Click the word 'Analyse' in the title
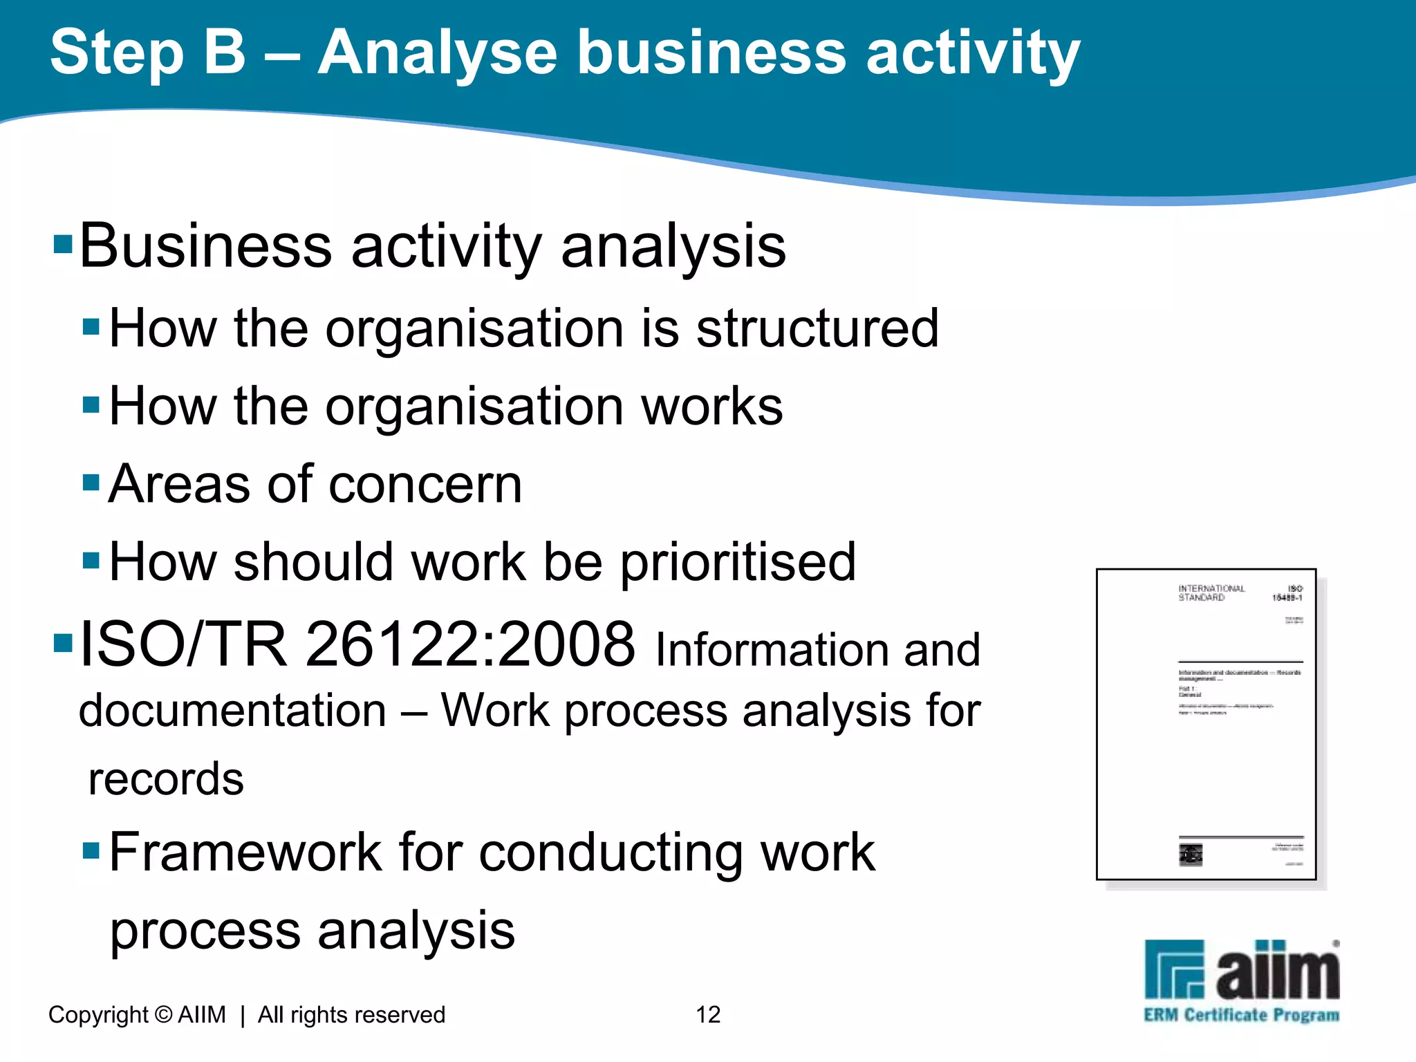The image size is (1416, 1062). click(438, 54)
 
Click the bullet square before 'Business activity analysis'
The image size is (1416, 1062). click(63, 244)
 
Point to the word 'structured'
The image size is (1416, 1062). click(817, 328)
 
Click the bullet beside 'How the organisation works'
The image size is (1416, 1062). click(91, 404)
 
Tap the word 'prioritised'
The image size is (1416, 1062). click(738, 562)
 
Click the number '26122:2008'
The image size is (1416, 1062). click(470, 644)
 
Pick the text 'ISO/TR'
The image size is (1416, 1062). click(183, 644)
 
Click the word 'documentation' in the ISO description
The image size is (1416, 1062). click(232, 711)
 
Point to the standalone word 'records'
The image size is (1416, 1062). click(166, 779)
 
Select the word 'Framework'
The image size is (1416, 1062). click(245, 852)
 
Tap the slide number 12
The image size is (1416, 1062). click(708, 1014)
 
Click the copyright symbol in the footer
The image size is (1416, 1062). click(164, 1014)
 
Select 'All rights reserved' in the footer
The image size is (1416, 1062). click(351, 1014)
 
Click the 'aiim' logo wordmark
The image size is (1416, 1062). click(1278, 971)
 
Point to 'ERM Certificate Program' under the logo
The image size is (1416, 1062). click(1242, 1015)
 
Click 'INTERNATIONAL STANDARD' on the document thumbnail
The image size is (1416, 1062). click(1211, 593)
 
